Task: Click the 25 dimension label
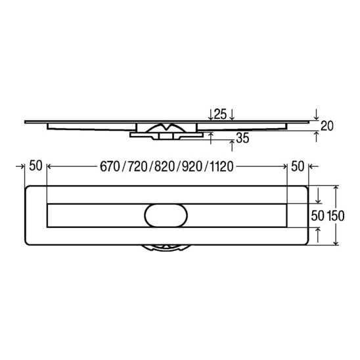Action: [x=220, y=114]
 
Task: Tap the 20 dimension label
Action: [x=326, y=126]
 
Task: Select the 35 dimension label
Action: [x=242, y=138]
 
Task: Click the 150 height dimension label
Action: [x=336, y=216]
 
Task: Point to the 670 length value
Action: [x=110, y=166]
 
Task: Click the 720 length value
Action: [x=137, y=166]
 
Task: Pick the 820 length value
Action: [x=165, y=166]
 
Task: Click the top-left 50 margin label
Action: [x=36, y=166]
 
